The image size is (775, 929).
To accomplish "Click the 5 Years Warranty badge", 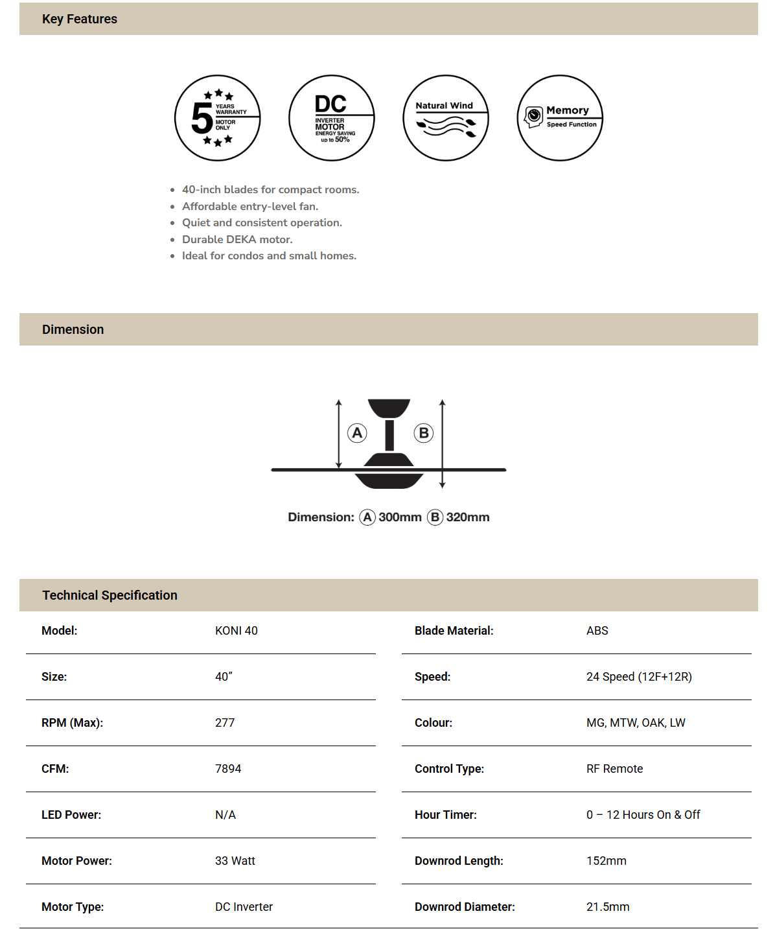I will [218, 118].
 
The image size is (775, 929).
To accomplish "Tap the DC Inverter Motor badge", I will [332, 118].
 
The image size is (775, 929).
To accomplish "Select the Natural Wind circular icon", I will [446, 118].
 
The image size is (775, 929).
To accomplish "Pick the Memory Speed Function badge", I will [560, 118].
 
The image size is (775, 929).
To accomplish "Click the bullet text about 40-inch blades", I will [270, 189].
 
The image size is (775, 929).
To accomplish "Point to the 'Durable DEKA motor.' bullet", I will [237, 239].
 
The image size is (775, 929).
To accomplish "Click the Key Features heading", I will [80, 19].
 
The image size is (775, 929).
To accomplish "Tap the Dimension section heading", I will [73, 329].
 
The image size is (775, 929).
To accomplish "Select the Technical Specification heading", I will [110, 595].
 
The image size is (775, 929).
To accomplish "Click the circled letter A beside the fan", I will [357, 433].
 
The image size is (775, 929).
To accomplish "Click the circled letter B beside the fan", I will [424, 433].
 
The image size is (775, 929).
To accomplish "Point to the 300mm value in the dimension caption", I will [400, 517].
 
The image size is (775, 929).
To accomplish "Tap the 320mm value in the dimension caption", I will [468, 517].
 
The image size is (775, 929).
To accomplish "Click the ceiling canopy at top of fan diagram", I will [389, 408].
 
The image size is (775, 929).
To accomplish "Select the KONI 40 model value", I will [237, 631].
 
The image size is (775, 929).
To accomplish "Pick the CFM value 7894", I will [228, 769].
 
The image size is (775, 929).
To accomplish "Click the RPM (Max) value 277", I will [225, 723].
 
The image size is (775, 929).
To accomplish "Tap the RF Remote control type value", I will [614, 769].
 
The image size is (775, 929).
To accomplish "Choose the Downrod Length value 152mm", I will [606, 861].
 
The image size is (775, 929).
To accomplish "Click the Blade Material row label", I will [454, 631].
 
